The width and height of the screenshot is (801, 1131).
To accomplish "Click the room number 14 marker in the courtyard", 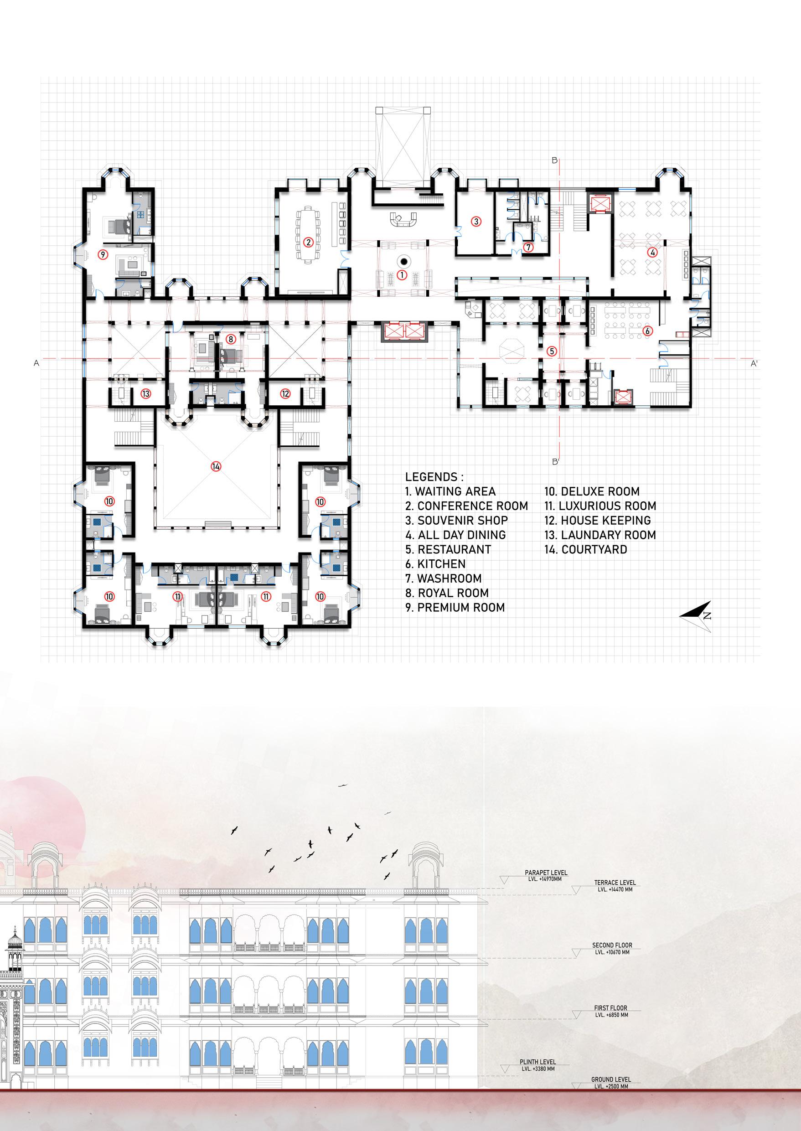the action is pyautogui.click(x=216, y=467).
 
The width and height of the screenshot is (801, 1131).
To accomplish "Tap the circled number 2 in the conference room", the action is pyautogui.click(x=308, y=242).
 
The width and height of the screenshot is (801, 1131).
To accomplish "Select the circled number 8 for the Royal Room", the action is pyautogui.click(x=230, y=339).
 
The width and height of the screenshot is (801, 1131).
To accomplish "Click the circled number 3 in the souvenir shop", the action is pyautogui.click(x=476, y=222).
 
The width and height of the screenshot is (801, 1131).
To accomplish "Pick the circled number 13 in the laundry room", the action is pyautogui.click(x=145, y=393).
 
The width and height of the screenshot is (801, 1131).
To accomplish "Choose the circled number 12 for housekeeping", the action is pyautogui.click(x=285, y=393).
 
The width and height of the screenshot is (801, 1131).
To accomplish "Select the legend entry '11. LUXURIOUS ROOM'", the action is pyautogui.click(x=600, y=506).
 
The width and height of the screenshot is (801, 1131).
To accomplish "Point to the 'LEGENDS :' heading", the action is pyautogui.click(x=434, y=477).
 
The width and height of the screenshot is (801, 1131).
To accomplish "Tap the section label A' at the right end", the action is pyautogui.click(x=754, y=363).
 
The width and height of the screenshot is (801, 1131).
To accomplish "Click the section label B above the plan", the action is pyautogui.click(x=554, y=160).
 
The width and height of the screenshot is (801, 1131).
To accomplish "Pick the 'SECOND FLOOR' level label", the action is pyautogui.click(x=612, y=945).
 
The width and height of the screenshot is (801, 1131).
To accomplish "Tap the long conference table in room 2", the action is pyautogui.click(x=308, y=234).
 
